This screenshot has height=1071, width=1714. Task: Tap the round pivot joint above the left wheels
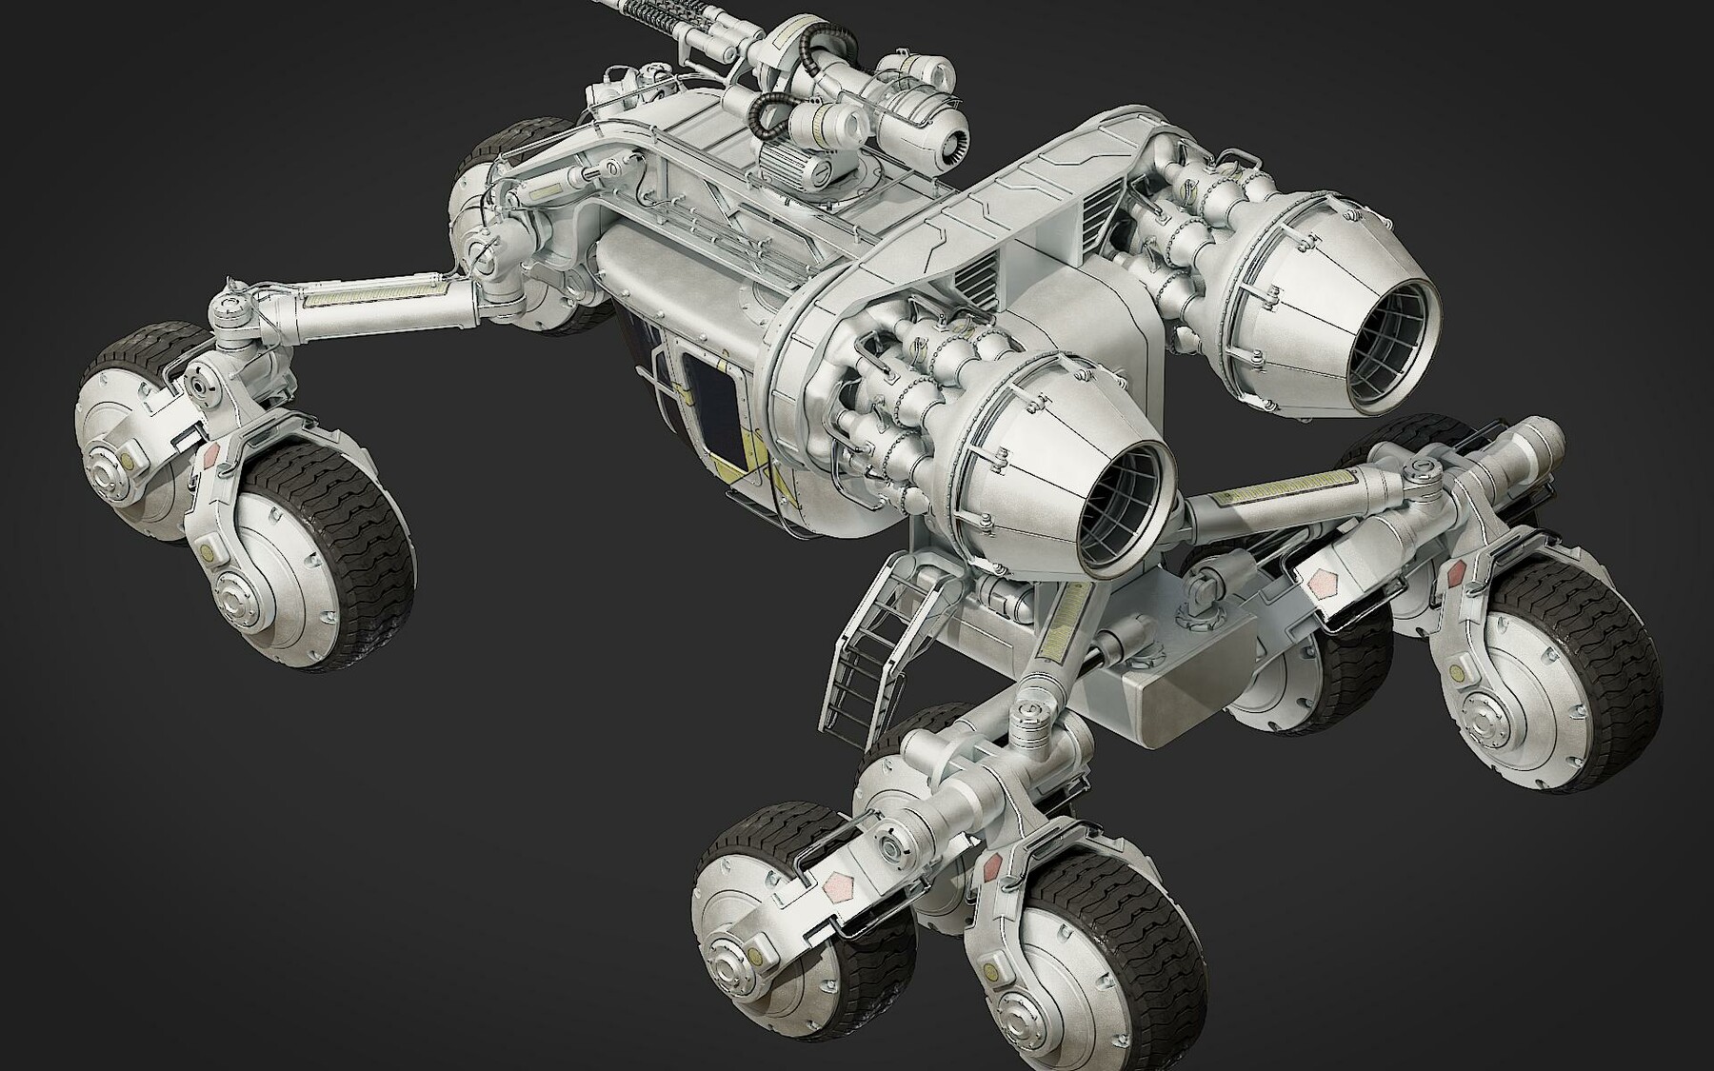coord(229,308)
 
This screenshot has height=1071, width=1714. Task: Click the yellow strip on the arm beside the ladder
coord(1062,628)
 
